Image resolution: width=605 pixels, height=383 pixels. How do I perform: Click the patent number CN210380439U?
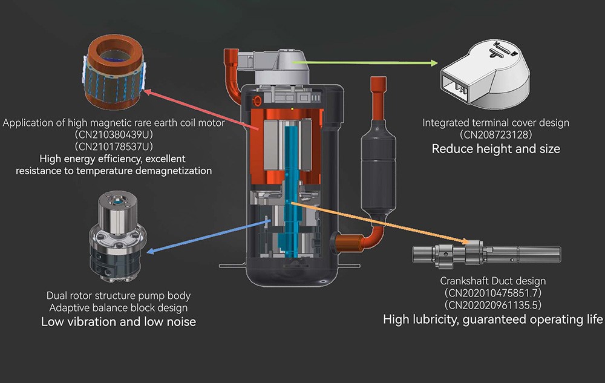(114, 134)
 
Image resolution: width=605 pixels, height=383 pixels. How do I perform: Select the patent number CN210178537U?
(114, 146)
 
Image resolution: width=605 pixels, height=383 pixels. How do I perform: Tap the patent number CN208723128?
(496, 134)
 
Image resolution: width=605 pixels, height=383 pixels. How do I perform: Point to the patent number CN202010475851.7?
(493, 293)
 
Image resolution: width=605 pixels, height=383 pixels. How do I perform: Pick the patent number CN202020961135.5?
(493, 305)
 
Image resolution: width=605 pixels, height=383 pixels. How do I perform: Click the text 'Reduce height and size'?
(496, 149)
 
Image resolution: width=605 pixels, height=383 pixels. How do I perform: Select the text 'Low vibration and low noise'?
(119, 322)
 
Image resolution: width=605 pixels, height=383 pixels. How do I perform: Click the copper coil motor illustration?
(114, 73)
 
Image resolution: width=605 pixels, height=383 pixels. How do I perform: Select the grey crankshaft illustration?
(486, 253)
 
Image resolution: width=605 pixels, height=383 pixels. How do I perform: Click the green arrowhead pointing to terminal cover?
(434, 63)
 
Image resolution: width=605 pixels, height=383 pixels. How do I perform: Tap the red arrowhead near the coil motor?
(147, 92)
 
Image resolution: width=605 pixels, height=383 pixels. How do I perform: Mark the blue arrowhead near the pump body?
(151, 250)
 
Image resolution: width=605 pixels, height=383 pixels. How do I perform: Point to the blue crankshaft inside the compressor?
(292, 189)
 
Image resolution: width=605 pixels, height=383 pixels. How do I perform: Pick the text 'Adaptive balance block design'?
(119, 308)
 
